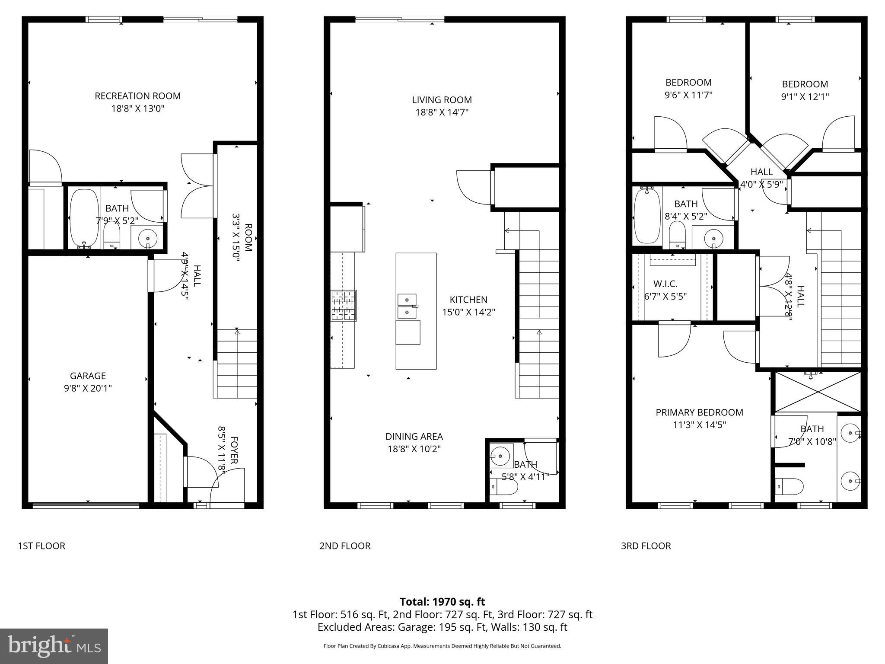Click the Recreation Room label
137,96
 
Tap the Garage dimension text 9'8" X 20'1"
88,388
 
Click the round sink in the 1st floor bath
148,238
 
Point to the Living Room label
442,100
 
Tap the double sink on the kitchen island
407,305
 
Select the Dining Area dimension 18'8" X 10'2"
414,449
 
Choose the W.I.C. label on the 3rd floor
665,284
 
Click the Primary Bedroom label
699,412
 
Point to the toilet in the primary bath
789,486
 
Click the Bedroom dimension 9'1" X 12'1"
805,97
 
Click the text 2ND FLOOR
345,546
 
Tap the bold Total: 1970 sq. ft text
442,602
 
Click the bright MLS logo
54,646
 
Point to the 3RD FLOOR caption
646,546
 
